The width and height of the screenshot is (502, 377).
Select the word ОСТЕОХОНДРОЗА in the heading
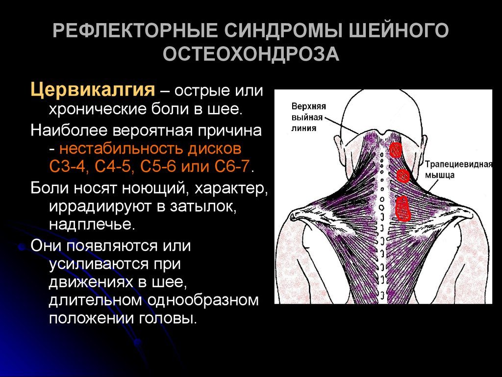click(x=251, y=54)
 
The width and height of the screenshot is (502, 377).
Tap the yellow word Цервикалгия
click(x=93, y=90)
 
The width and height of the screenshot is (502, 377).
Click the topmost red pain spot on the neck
click(x=396, y=150)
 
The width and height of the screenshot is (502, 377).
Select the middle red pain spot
click(x=403, y=176)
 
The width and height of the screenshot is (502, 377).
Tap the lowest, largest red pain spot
click(x=403, y=208)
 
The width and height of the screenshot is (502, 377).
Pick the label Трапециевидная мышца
click(x=458, y=169)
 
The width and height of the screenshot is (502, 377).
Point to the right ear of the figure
click(x=424, y=146)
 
